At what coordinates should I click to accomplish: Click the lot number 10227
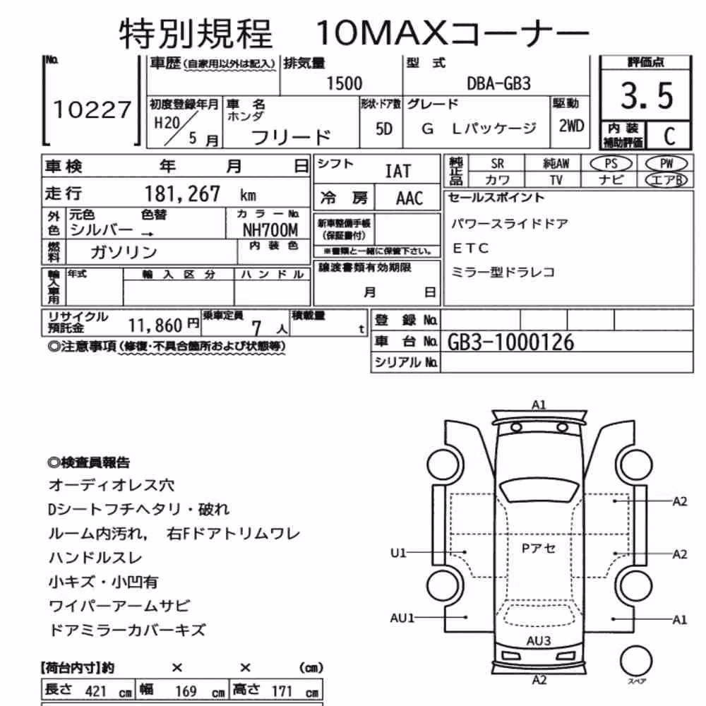(92, 110)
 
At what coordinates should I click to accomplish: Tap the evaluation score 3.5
(647, 96)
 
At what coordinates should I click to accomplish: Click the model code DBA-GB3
(499, 84)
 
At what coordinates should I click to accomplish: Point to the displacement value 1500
(344, 84)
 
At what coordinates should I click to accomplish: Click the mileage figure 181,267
(182, 194)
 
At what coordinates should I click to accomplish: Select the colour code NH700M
(270, 231)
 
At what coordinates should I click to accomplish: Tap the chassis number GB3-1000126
(510, 342)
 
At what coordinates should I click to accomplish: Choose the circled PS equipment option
(611, 164)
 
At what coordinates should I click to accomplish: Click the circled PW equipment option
(666, 164)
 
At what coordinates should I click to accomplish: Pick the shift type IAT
(398, 171)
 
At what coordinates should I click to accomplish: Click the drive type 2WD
(571, 126)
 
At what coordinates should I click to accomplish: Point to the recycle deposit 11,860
(155, 325)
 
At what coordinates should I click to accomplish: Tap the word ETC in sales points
(470, 248)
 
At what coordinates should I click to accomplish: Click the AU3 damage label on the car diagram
(539, 641)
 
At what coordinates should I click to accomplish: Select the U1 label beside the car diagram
(398, 553)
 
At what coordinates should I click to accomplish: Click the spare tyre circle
(636, 661)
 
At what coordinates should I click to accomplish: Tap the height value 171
(282, 691)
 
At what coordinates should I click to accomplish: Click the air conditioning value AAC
(409, 198)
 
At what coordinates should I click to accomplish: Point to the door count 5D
(383, 129)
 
